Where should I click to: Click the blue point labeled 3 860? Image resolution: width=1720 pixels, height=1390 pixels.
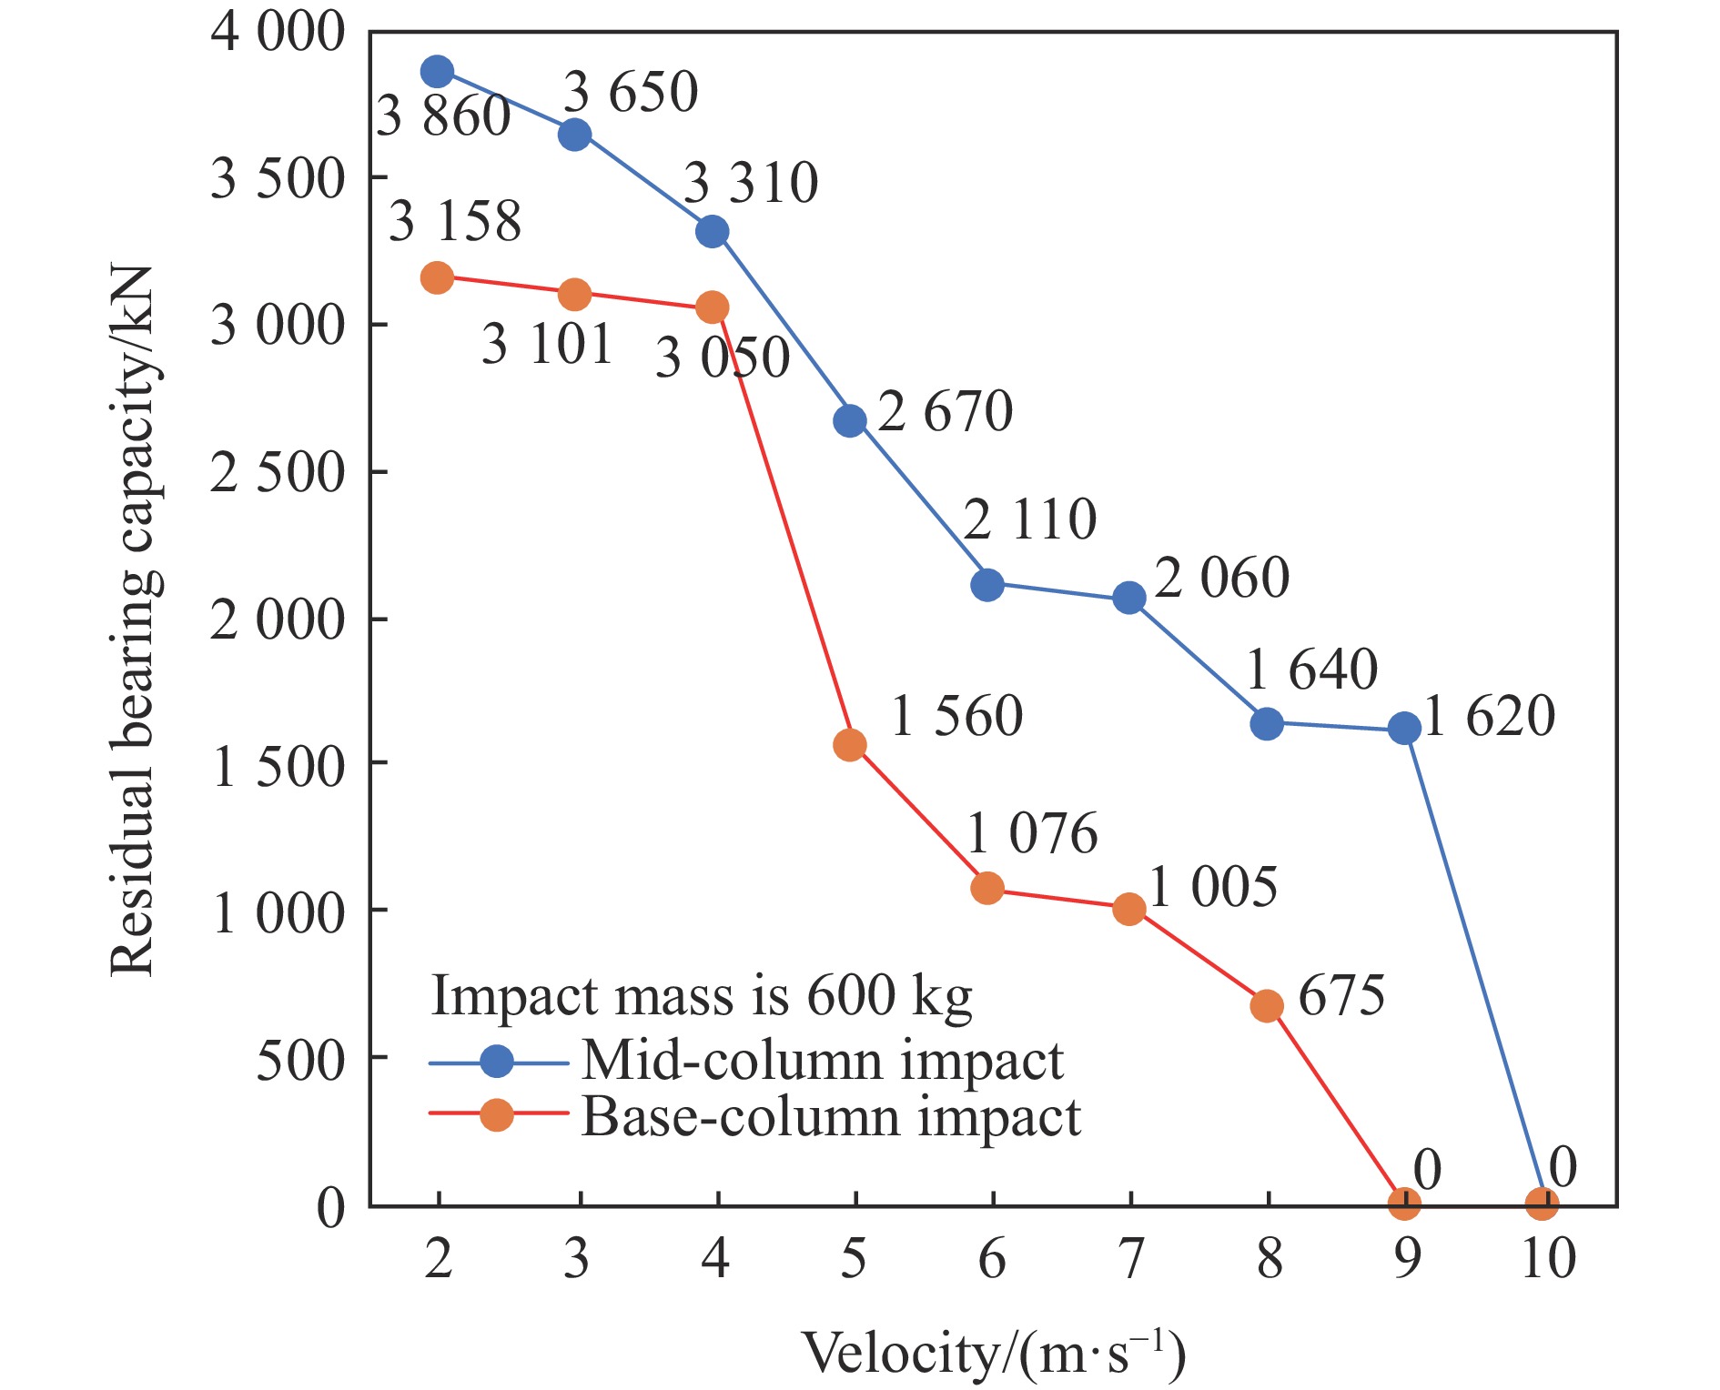[x=437, y=71]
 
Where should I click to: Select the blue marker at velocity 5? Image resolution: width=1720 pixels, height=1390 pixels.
[x=850, y=420]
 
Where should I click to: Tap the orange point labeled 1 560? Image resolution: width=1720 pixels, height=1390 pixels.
[x=850, y=745]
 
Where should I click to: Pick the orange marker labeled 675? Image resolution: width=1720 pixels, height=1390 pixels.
[x=1267, y=1005]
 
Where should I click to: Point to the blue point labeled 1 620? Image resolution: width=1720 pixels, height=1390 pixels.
[x=1404, y=728]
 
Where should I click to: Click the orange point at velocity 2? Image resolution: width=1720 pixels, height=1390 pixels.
[x=437, y=277]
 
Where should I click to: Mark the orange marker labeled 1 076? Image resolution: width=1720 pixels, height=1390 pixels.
[x=987, y=888]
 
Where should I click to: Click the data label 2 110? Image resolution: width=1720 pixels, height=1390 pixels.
[x=1029, y=519]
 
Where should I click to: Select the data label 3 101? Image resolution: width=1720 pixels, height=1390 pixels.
[x=546, y=344]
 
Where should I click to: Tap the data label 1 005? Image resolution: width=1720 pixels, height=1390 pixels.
[x=1212, y=887]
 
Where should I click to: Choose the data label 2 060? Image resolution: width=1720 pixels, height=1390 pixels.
[x=1221, y=578]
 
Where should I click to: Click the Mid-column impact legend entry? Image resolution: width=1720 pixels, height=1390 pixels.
[x=822, y=1061]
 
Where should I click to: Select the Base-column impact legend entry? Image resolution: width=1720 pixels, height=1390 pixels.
[x=830, y=1117]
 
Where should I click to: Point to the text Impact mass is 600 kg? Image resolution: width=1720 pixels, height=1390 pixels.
[x=701, y=996]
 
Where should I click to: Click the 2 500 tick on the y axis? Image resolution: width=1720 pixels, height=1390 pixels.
[x=278, y=472]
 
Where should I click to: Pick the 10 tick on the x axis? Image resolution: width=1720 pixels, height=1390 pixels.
[x=1548, y=1259]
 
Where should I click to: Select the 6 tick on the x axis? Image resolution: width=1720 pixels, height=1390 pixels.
[x=991, y=1259]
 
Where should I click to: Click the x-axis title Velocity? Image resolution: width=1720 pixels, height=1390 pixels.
[x=994, y=1354]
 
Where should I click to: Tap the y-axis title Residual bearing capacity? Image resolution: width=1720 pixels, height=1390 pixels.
[x=134, y=620]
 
